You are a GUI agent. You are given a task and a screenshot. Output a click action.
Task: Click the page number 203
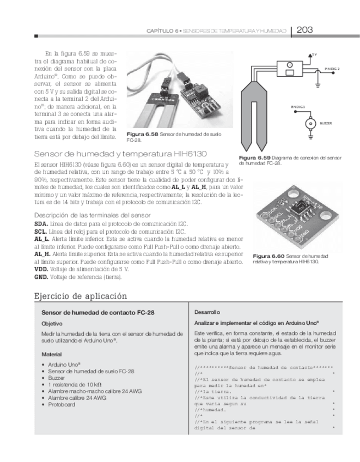point(304,30)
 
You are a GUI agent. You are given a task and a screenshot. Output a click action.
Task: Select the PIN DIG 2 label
point(332,69)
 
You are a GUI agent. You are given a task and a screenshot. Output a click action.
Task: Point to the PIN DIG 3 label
point(298,107)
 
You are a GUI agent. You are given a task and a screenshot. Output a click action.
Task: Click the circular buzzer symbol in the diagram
point(310,123)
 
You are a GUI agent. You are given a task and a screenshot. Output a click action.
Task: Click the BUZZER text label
point(326,124)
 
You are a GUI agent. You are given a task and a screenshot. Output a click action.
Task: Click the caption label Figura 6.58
point(142,134)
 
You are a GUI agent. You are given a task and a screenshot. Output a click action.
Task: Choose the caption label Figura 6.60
point(269,256)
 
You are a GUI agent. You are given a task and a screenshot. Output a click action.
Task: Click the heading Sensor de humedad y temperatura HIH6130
point(120,154)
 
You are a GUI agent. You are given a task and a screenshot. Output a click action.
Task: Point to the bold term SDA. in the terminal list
point(41,224)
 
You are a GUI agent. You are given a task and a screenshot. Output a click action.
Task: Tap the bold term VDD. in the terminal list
point(41,269)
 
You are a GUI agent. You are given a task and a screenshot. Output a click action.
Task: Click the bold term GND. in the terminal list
point(41,277)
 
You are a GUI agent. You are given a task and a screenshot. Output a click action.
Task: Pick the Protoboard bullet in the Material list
point(62,405)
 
